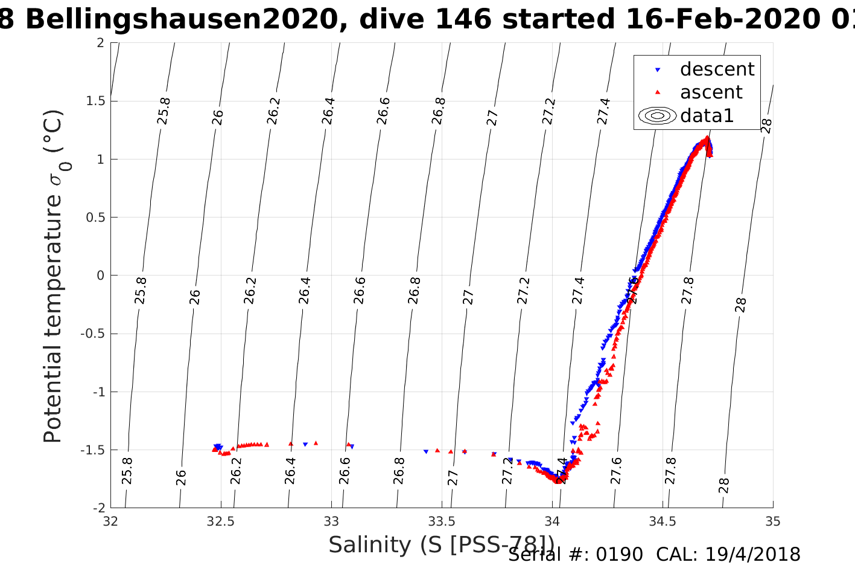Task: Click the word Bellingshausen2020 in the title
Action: [181, 19]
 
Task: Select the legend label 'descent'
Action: [717, 69]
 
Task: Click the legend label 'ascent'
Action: [711, 92]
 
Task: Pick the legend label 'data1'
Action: [707, 115]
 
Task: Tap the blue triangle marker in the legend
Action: [658, 70]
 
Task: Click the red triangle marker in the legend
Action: [658, 92]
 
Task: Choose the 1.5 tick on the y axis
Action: [93, 101]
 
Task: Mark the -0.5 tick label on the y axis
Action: [91, 334]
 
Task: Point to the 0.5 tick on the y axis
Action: [93, 218]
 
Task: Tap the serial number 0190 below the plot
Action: [620, 555]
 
